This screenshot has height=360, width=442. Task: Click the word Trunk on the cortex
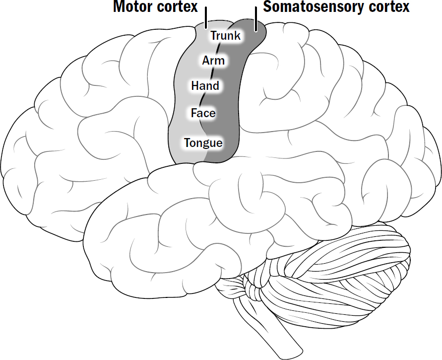pos(225,36)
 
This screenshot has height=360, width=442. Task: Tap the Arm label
pos(213,61)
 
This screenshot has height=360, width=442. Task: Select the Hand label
pos(205,86)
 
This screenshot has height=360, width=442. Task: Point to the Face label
pos(203,113)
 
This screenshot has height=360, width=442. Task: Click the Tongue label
pos(203,144)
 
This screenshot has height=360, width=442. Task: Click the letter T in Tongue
pos(187,143)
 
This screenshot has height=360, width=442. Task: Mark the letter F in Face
pos(194,113)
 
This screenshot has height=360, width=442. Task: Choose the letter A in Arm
pos(206,61)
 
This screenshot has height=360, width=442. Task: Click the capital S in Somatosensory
pos(266,7)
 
